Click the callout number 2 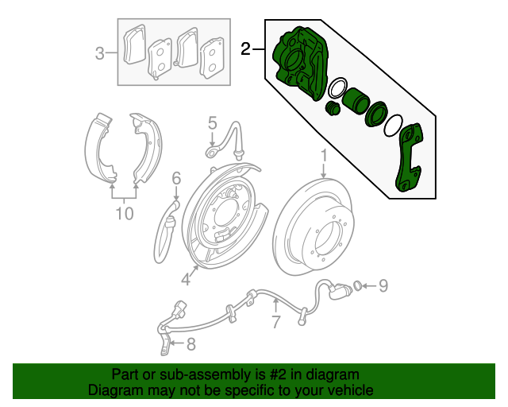pos(247,50)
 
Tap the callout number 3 pos(100,53)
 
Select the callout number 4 pos(185,278)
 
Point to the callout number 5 pos(213,122)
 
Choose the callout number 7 pos(275,322)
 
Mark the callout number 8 pos(190,344)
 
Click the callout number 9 pos(382,284)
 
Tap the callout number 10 pos(124,212)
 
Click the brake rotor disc pos(317,231)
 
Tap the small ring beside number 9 pos(359,284)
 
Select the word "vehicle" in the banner pos(350,390)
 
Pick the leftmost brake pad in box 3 pos(135,45)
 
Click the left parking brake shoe pos(100,147)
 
